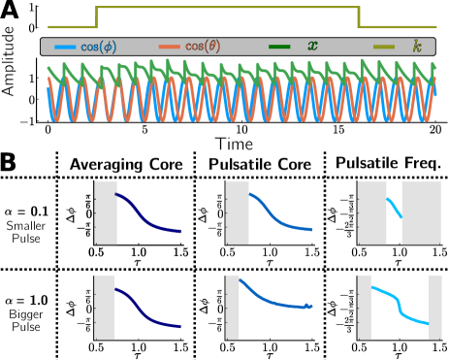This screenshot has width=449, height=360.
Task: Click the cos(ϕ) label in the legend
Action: point(101,47)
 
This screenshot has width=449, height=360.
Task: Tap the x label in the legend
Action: point(312,47)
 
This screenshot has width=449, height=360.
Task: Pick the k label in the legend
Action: point(417,47)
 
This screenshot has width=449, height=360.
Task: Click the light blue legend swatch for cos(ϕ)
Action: point(66,47)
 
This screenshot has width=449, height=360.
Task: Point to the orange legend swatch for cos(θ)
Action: point(169,47)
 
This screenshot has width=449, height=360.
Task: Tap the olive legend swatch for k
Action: point(385,47)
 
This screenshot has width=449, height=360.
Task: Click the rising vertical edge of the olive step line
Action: point(96,16)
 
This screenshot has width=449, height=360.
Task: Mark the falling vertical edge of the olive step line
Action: point(359,16)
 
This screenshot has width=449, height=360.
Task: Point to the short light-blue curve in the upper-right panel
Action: point(394,208)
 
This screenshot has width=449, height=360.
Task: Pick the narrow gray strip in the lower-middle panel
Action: point(232,307)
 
